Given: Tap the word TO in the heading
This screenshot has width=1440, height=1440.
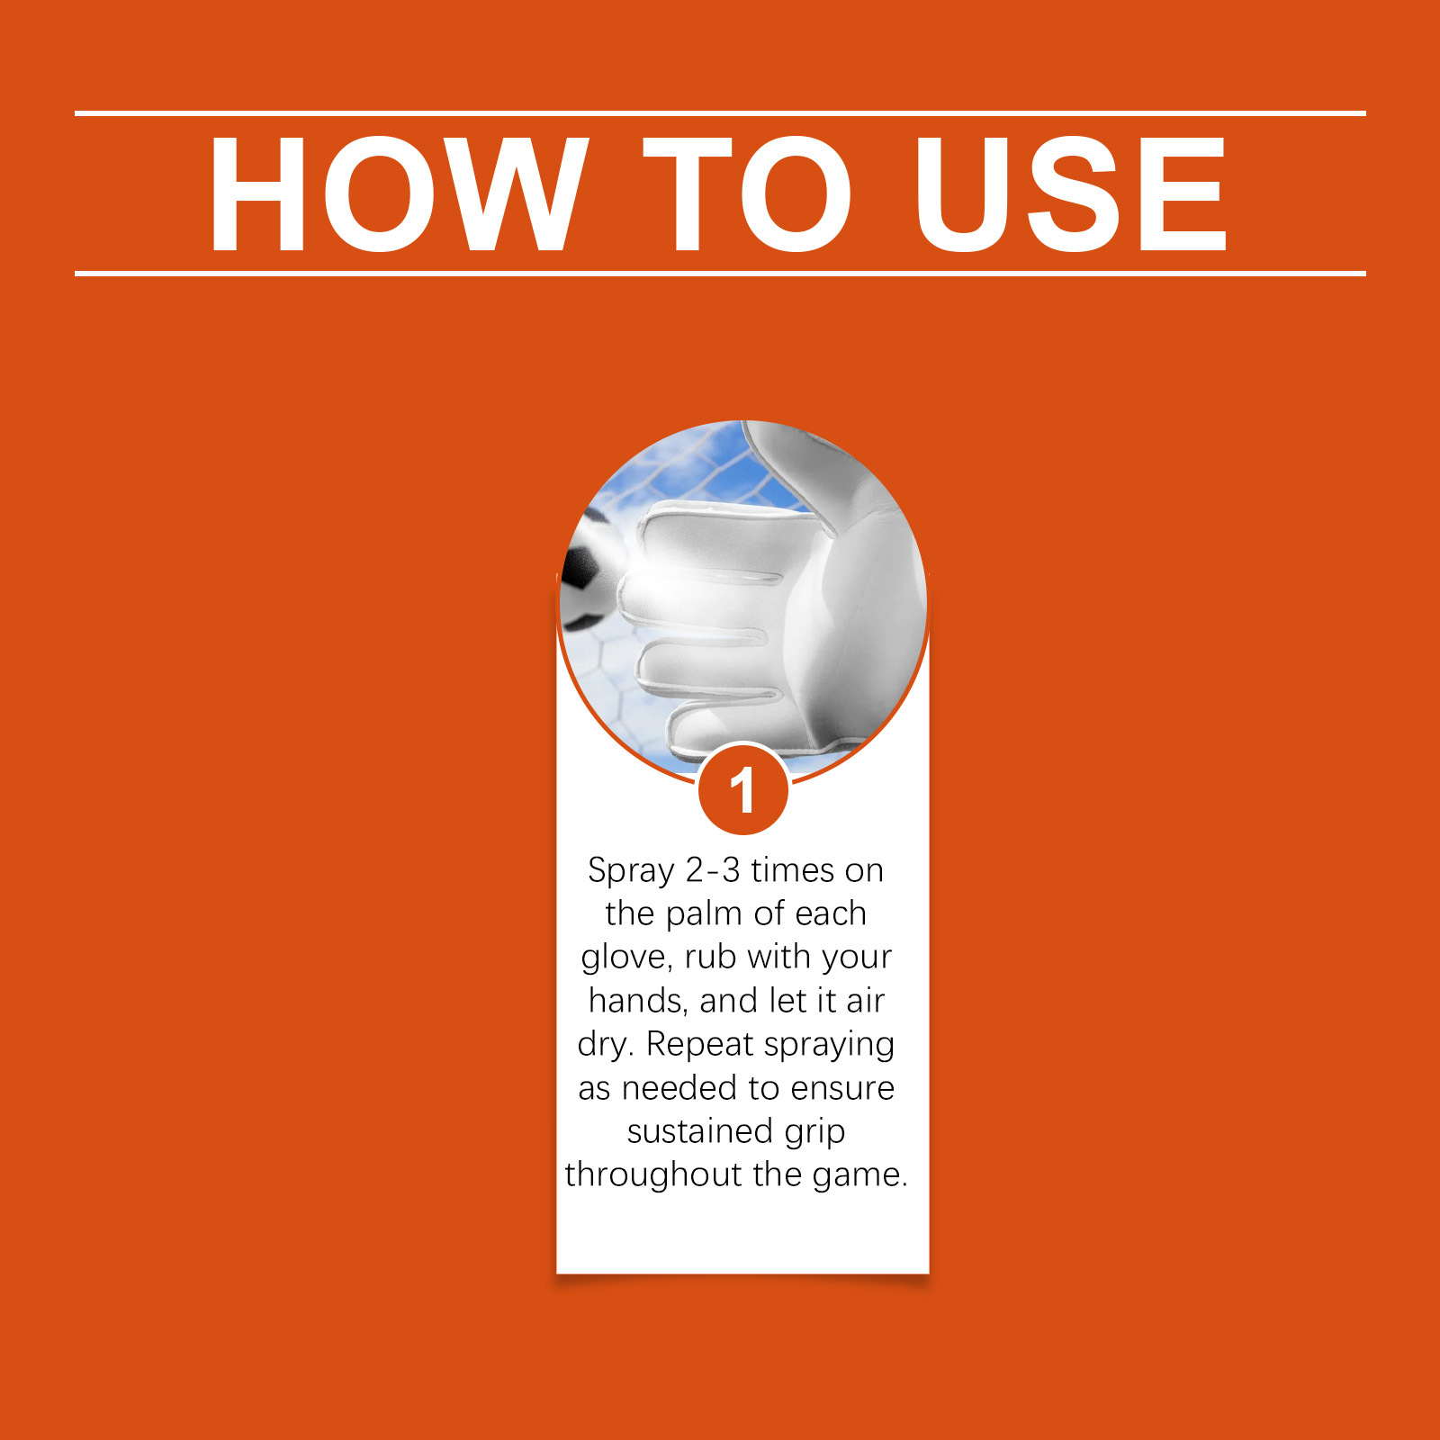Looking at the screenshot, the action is (x=747, y=194).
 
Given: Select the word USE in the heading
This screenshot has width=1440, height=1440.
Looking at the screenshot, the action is (x=1071, y=194).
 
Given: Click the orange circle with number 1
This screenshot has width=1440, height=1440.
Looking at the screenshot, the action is (x=743, y=790).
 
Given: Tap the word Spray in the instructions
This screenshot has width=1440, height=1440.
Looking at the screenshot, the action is (x=631, y=871).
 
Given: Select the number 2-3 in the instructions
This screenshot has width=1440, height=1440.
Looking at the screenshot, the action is (x=713, y=870).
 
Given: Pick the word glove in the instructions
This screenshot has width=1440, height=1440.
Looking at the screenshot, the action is (x=625, y=958).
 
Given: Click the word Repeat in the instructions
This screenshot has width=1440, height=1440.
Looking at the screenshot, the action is (x=699, y=1044).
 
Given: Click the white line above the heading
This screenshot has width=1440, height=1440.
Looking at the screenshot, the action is (x=720, y=113).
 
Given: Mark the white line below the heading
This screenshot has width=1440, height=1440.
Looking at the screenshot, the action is (x=720, y=273).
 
